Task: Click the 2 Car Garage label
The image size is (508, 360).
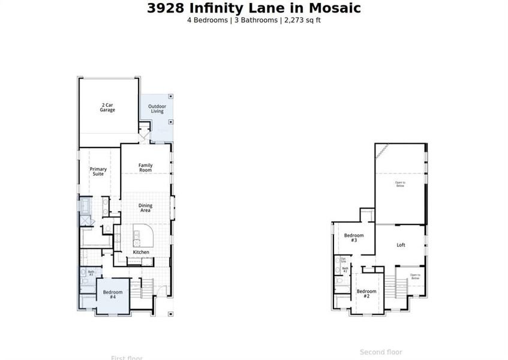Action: (x=107, y=108)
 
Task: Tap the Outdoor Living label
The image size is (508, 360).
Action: (x=157, y=109)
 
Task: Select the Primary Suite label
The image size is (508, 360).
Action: (x=98, y=172)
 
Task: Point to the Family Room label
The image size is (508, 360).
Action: (x=146, y=167)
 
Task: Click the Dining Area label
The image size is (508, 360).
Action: (x=145, y=208)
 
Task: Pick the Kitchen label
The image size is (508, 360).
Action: (x=141, y=252)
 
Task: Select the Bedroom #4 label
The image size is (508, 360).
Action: (x=113, y=294)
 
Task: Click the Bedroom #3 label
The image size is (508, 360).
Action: (x=354, y=238)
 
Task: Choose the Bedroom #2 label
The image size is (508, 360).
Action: (x=366, y=294)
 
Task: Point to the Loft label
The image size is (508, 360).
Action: (x=401, y=245)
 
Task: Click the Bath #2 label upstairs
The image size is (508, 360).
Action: (x=345, y=269)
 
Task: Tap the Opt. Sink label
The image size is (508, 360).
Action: (x=343, y=260)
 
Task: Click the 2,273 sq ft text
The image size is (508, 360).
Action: (x=306, y=20)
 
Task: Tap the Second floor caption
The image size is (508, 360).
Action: (x=381, y=352)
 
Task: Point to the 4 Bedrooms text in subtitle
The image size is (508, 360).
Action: (x=208, y=20)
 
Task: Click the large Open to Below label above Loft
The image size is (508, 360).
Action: (x=400, y=184)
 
